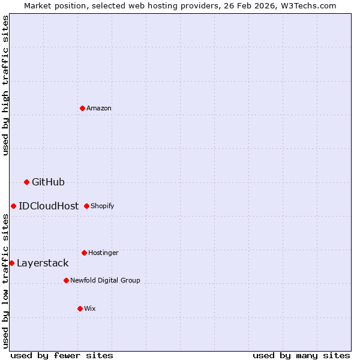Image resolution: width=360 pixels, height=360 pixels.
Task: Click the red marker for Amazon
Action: tap(83, 108)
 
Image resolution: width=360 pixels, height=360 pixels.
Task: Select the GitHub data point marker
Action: tap(26, 182)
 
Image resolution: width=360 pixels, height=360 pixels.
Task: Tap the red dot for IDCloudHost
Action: tap(13, 206)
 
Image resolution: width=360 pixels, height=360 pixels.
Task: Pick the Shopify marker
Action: tap(86, 206)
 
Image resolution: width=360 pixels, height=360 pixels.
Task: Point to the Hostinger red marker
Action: tap(84, 253)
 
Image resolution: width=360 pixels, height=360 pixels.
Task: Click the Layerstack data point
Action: tap(11, 263)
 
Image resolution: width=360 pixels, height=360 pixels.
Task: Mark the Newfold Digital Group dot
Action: tap(66, 280)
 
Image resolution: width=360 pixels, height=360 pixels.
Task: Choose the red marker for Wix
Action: tap(80, 308)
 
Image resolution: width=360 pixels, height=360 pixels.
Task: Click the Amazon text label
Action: tap(99, 108)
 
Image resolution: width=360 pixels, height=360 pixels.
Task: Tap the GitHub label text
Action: tap(48, 182)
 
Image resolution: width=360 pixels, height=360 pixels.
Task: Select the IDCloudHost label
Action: tap(49, 206)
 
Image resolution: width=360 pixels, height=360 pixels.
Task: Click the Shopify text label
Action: tap(103, 206)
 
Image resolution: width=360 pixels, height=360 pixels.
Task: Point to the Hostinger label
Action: tap(103, 253)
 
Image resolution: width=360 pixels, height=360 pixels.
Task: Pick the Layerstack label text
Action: tap(43, 263)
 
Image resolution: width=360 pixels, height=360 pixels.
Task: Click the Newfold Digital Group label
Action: tap(105, 280)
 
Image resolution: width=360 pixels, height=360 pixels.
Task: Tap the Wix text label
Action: tap(90, 308)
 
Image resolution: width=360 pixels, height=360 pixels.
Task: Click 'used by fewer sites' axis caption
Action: tap(62, 355)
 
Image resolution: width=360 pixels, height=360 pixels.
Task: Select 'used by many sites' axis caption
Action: tap(301, 355)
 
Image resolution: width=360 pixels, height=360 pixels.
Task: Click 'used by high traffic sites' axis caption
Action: tap(5, 85)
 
